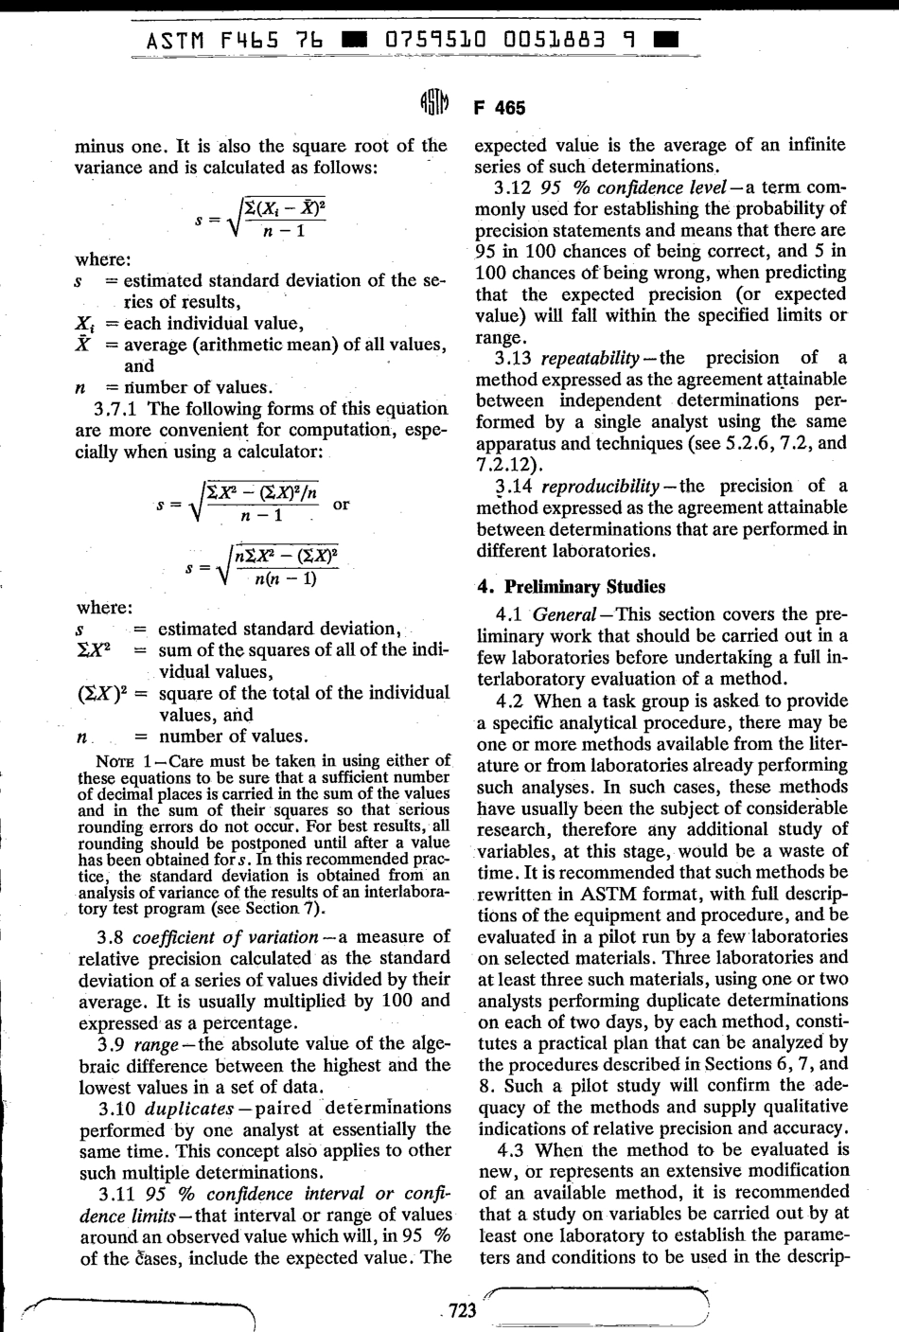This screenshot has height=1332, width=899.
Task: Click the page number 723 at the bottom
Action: [x=462, y=1310]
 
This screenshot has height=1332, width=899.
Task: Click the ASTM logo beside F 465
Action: [x=432, y=106]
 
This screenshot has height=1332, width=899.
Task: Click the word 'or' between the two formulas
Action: [x=342, y=505]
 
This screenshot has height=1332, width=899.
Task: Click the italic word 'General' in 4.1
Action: [x=564, y=614]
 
